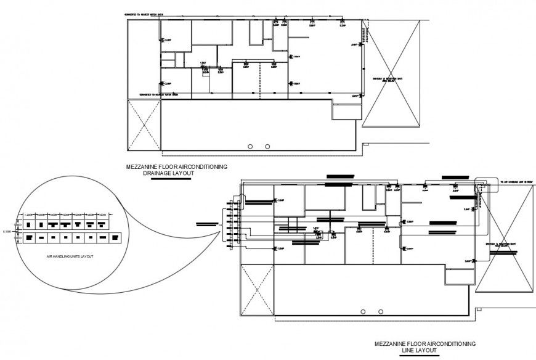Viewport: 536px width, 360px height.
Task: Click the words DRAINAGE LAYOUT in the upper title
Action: click(168, 173)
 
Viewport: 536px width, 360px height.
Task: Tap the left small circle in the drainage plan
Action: click(250, 146)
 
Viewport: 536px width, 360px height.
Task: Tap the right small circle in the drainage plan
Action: click(267, 146)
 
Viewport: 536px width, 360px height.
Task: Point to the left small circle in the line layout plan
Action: click(363, 311)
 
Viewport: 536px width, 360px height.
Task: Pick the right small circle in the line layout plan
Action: click(381, 311)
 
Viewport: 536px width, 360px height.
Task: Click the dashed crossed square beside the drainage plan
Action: click(143, 124)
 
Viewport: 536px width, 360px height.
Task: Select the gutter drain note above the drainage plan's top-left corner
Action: click(144, 12)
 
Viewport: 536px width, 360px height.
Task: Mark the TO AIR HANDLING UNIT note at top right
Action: click(516, 182)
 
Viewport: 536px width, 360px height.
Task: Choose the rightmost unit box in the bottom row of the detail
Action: click(115, 236)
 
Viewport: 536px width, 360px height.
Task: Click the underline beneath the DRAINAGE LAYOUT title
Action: click(168, 178)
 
